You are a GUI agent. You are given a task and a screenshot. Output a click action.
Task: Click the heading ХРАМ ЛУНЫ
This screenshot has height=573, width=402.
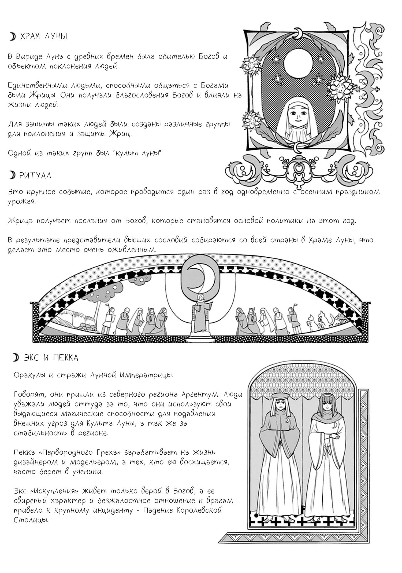(43, 37)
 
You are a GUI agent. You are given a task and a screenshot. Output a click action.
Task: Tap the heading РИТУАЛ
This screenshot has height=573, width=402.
(35, 176)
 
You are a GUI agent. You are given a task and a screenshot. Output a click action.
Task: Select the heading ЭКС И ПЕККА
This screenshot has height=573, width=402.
(51, 358)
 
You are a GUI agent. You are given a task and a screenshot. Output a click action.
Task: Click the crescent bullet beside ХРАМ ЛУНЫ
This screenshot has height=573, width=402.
(12, 37)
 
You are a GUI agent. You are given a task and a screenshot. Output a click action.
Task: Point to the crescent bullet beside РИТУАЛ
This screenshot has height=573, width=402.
(12, 176)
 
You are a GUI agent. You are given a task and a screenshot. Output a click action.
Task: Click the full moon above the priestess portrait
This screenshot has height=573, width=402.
(298, 63)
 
